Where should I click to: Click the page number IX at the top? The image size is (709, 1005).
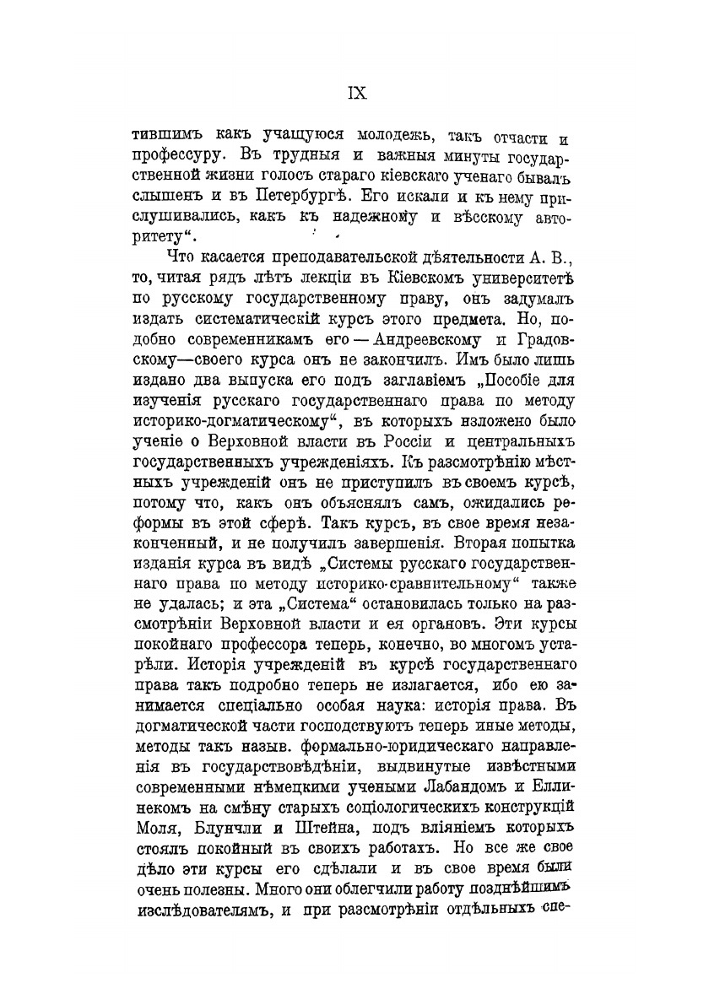(354, 95)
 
